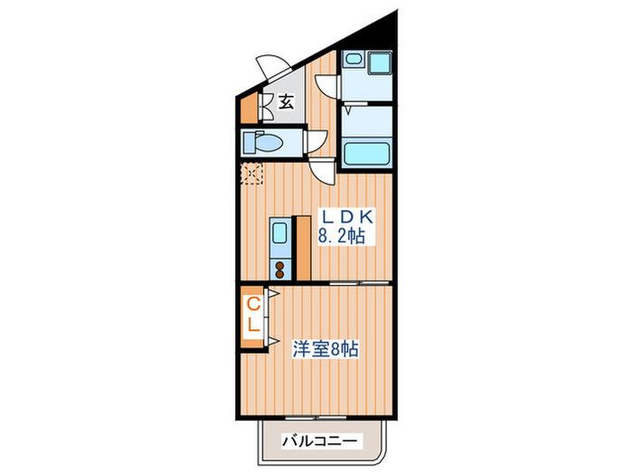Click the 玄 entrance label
click(x=286, y=101)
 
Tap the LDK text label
click(x=343, y=218)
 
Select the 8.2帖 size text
click(x=342, y=238)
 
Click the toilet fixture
click(x=264, y=142)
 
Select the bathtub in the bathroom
click(x=365, y=153)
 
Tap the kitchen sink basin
click(x=280, y=233)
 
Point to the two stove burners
click(x=280, y=268)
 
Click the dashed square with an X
click(x=250, y=174)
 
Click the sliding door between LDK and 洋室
click(x=348, y=282)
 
